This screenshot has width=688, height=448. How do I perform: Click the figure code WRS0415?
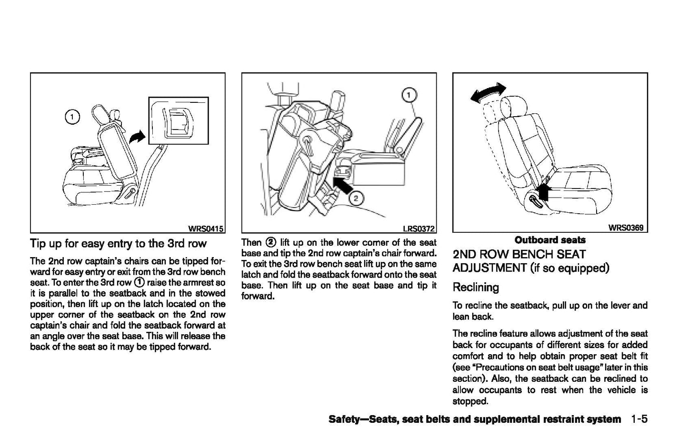pos(206,228)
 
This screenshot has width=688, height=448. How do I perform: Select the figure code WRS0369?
pos(626,228)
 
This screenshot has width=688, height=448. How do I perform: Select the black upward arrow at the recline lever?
pos(544,192)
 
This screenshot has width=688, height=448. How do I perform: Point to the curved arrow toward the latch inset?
pos(137,138)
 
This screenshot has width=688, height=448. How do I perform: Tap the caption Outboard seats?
pos(550,240)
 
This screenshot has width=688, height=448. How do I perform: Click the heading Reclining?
pos(476,288)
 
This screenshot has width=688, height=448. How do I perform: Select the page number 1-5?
pos(639,419)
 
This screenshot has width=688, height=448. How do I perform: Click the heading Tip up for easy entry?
pos(118,244)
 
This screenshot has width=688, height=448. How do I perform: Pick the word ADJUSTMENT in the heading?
pos(489,268)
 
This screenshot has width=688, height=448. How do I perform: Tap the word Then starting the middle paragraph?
pos(251,242)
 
